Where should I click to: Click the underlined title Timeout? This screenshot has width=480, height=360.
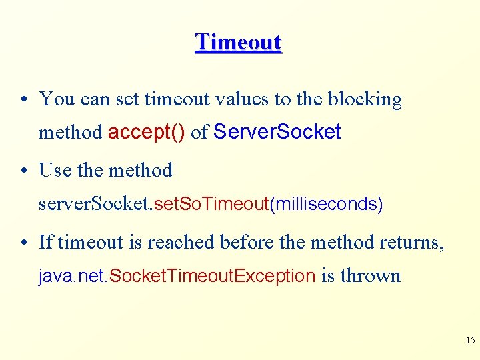[239, 42]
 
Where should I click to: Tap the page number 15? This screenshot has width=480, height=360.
[470, 341]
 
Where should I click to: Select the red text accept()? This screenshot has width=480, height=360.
[147, 132]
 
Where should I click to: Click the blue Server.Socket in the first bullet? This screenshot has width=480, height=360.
[277, 132]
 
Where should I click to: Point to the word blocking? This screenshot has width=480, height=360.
[365, 99]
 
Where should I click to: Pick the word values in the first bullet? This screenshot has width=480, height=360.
[238, 99]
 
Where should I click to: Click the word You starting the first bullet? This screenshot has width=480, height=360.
[57, 99]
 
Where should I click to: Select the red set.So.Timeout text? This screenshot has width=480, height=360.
[211, 204]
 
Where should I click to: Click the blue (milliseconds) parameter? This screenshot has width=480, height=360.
[326, 204]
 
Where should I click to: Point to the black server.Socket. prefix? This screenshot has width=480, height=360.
[95, 204]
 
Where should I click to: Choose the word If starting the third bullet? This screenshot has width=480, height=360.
[46, 242]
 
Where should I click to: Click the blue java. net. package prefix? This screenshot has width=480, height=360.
[72, 276]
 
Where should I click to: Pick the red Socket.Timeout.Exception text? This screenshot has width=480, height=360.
[211, 276]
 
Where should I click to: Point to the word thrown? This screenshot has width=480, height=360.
[370, 276]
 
